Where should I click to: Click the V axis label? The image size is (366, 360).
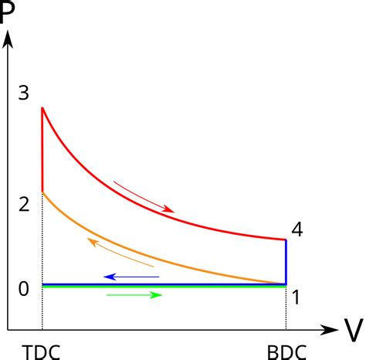click(x=354, y=331)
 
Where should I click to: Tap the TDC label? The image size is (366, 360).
click(x=41, y=352)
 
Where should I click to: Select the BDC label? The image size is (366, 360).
click(x=286, y=352)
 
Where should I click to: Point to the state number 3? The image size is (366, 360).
click(x=24, y=93)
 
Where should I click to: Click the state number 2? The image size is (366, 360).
click(x=24, y=205)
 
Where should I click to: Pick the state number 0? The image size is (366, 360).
click(x=24, y=289)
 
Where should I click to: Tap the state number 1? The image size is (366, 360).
click(x=296, y=297)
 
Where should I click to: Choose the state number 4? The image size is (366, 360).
click(x=297, y=229)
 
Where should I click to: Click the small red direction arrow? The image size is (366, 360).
click(x=144, y=197)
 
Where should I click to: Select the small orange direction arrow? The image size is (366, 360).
click(x=120, y=252)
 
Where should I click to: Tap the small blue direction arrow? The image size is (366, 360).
click(x=131, y=277)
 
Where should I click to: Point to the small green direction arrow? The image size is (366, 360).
click(x=134, y=295)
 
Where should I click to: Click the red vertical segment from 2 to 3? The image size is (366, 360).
click(x=42, y=150)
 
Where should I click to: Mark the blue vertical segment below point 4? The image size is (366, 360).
click(x=286, y=262)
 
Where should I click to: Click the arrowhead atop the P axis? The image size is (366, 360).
click(x=8, y=39)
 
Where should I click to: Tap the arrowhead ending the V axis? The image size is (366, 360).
click(x=330, y=330)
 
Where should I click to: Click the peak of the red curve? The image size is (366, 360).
click(x=42, y=107)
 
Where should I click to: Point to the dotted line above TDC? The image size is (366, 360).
click(x=42, y=261)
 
